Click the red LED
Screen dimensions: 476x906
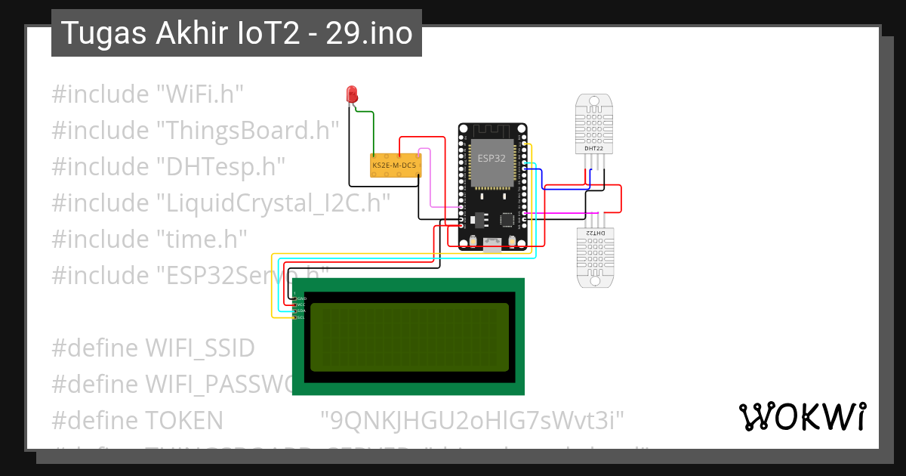(352, 94)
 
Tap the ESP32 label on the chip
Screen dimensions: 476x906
(492, 158)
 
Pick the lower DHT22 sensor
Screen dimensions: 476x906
(594, 257)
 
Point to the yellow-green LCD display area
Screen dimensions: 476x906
(409, 337)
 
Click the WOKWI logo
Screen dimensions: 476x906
(802, 416)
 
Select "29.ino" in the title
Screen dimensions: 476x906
(369, 33)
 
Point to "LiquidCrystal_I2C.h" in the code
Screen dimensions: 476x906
(273, 203)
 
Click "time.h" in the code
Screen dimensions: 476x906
(202, 240)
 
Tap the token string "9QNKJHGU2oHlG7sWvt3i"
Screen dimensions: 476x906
(473, 421)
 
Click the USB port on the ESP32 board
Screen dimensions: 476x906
(492, 244)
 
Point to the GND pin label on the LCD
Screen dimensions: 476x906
(301, 298)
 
